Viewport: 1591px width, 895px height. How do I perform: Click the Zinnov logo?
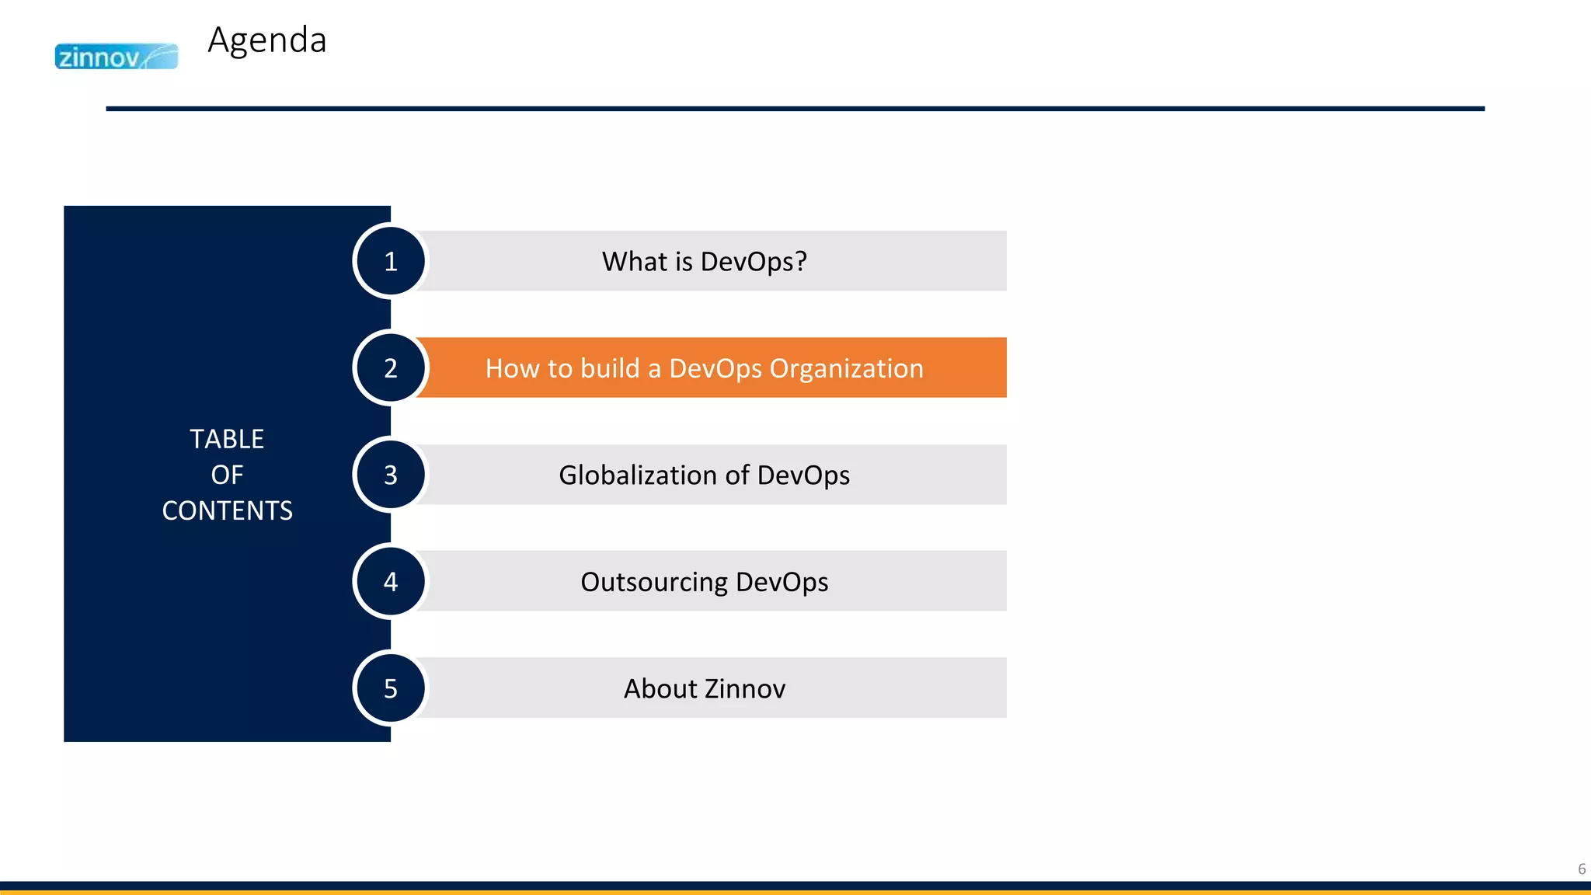116,57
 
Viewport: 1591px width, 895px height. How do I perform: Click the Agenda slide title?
266,40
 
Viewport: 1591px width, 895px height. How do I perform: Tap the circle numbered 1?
391,261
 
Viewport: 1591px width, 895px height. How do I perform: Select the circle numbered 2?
391,367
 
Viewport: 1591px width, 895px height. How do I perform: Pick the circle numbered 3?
391,475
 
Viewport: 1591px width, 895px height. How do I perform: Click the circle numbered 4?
391,581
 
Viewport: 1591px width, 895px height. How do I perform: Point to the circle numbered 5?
391,688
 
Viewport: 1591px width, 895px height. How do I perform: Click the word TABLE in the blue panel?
227,439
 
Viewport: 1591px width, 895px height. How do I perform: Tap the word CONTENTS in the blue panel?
227,510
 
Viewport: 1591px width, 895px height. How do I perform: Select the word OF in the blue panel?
227,475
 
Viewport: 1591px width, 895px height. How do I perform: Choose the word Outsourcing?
654,582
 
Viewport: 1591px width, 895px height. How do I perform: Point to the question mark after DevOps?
801,262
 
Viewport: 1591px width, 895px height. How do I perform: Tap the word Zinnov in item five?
745,689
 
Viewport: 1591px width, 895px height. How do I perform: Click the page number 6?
1581,869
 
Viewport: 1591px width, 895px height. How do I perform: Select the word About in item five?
660,689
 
